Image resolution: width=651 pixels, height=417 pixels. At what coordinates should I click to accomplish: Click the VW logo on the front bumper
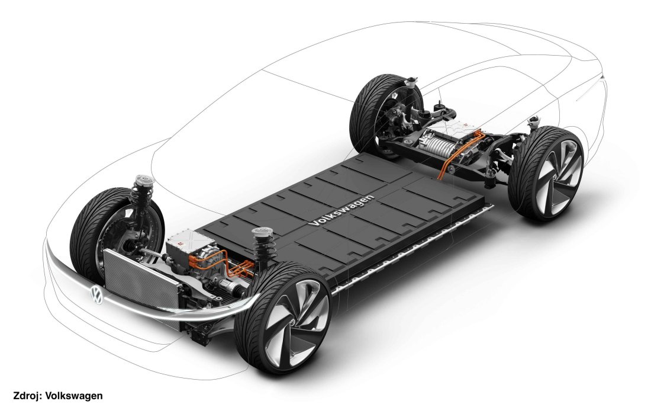pyautogui.click(x=96, y=296)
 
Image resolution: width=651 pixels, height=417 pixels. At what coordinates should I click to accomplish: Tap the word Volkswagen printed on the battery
pyautogui.click(x=341, y=211)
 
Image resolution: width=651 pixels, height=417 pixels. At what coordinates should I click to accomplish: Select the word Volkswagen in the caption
pyautogui.click(x=74, y=396)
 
